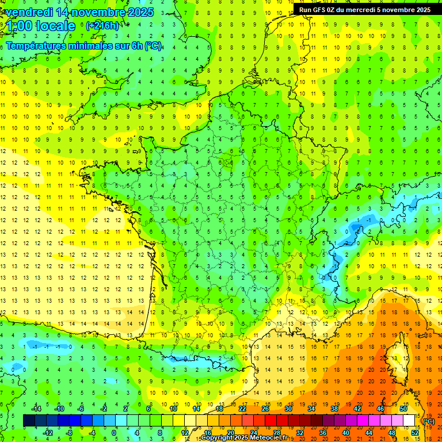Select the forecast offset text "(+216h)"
click(x=102, y=26)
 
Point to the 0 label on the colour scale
click(x=113, y=433)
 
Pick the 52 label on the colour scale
click(x=415, y=433)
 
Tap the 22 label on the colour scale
click(x=242, y=409)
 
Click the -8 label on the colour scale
click(x=70, y=433)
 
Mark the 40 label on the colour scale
click(x=346, y=433)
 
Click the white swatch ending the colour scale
click(x=409, y=421)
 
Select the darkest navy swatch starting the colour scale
click(x=29, y=421)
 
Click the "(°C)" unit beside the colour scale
click(x=429, y=421)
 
